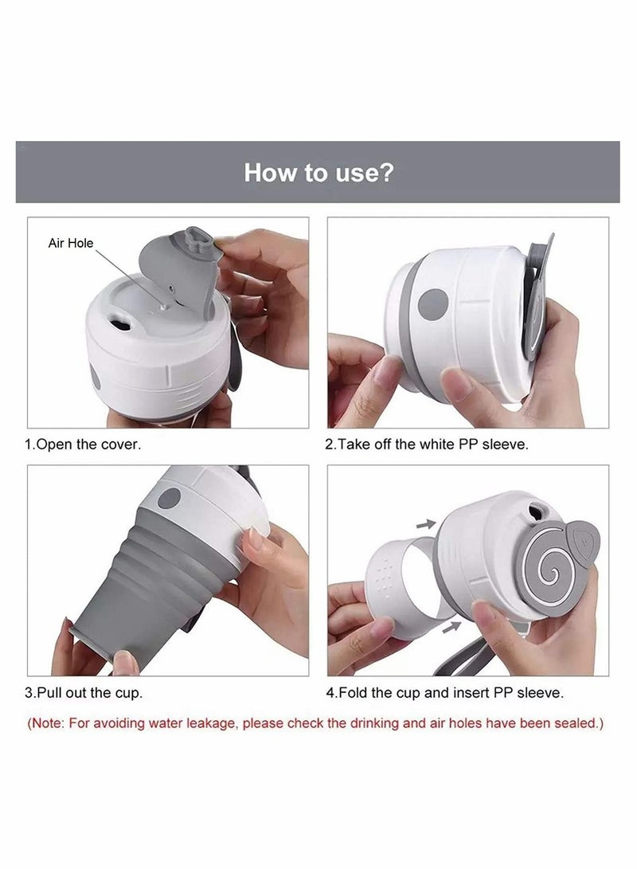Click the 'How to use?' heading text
[x=318, y=172]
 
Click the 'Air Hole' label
[x=71, y=244]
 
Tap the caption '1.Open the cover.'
[x=84, y=444]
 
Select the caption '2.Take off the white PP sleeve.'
[x=426, y=444]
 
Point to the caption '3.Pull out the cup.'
[x=84, y=692]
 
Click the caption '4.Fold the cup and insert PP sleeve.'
[x=445, y=692]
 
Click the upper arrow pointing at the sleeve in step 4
[x=428, y=523]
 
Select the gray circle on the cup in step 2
[x=434, y=303]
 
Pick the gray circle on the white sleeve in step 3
[x=168, y=499]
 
